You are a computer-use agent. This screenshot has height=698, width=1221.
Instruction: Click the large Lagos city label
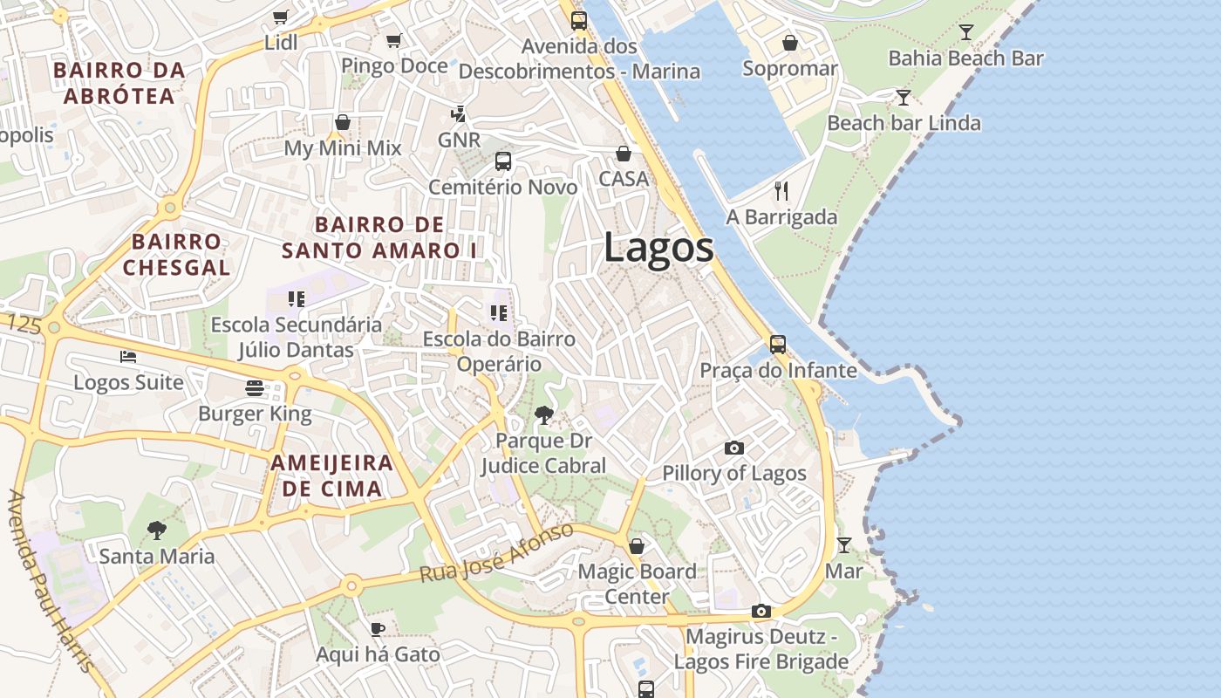(658, 249)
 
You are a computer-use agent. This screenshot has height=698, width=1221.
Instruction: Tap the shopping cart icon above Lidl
(280, 17)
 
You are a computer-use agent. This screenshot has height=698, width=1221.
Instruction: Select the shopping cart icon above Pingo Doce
(393, 40)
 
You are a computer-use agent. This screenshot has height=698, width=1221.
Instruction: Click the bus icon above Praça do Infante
(777, 345)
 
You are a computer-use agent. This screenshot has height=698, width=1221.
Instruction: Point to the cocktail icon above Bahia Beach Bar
(965, 32)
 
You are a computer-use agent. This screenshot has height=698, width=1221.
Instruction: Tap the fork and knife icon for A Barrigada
(781, 191)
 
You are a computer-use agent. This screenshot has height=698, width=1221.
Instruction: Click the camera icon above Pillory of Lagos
(734, 448)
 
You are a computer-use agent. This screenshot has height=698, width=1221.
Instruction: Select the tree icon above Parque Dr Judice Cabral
(543, 414)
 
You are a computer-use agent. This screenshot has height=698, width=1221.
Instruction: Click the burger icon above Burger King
(255, 387)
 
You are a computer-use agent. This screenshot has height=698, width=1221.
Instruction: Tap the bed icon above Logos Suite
(128, 357)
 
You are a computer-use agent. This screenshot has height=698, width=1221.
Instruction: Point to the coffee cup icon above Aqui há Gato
(377, 628)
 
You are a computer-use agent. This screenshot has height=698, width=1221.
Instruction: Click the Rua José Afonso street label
(496, 553)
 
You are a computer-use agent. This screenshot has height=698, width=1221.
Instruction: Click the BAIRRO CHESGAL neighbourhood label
(176, 254)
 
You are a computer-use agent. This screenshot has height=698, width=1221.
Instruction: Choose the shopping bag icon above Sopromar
(789, 43)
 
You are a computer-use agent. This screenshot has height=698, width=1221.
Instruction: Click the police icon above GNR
(458, 114)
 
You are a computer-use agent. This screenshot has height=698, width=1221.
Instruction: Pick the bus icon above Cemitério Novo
(503, 161)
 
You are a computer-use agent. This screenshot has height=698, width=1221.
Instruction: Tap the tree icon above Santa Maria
(156, 530)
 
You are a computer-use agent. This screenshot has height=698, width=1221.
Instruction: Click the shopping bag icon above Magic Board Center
(637, 546)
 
